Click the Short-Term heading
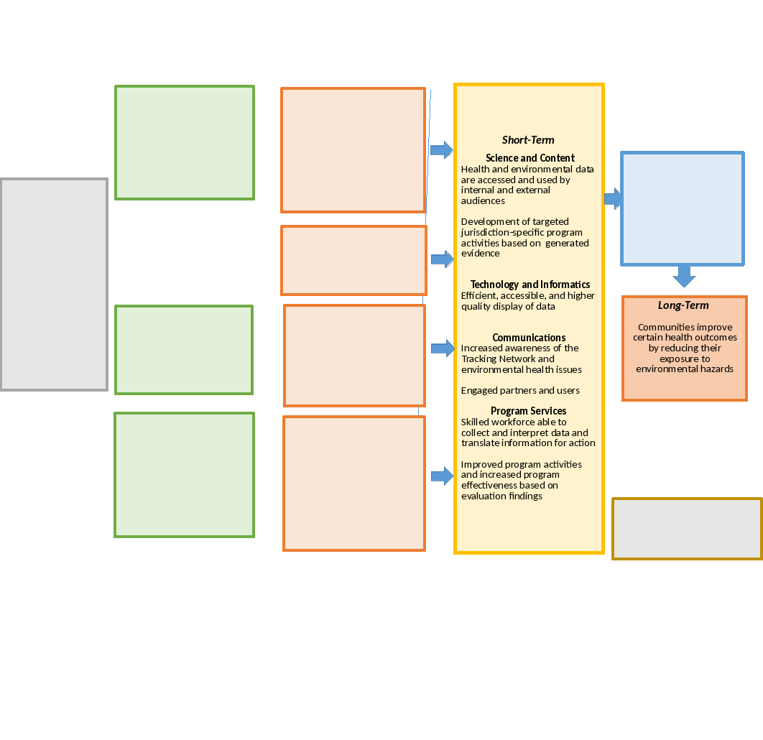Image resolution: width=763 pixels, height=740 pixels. (528, 140)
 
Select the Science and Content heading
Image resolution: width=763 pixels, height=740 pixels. (530, 158)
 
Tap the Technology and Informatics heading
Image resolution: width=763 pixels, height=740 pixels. (530, 285)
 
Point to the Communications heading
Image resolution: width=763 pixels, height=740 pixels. (529, 338)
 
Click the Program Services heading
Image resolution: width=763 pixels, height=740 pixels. (529, 411)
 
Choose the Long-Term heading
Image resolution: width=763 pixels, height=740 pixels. (683, 305)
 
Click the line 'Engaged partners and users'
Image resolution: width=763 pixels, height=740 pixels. (520, 390)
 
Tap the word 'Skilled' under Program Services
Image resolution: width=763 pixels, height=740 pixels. (477, 422)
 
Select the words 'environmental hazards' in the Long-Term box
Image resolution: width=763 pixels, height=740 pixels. (685, 369)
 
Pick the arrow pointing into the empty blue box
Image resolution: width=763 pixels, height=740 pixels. (613, 198)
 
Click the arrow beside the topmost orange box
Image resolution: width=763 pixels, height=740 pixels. (441, 149)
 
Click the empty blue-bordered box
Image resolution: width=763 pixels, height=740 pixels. (683, 208)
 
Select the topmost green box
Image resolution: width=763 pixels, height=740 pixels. (185, 142)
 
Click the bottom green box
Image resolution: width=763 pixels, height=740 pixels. (185, 475)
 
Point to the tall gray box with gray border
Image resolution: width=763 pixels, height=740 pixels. (54, 285)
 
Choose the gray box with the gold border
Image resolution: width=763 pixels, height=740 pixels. (687, 528)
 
